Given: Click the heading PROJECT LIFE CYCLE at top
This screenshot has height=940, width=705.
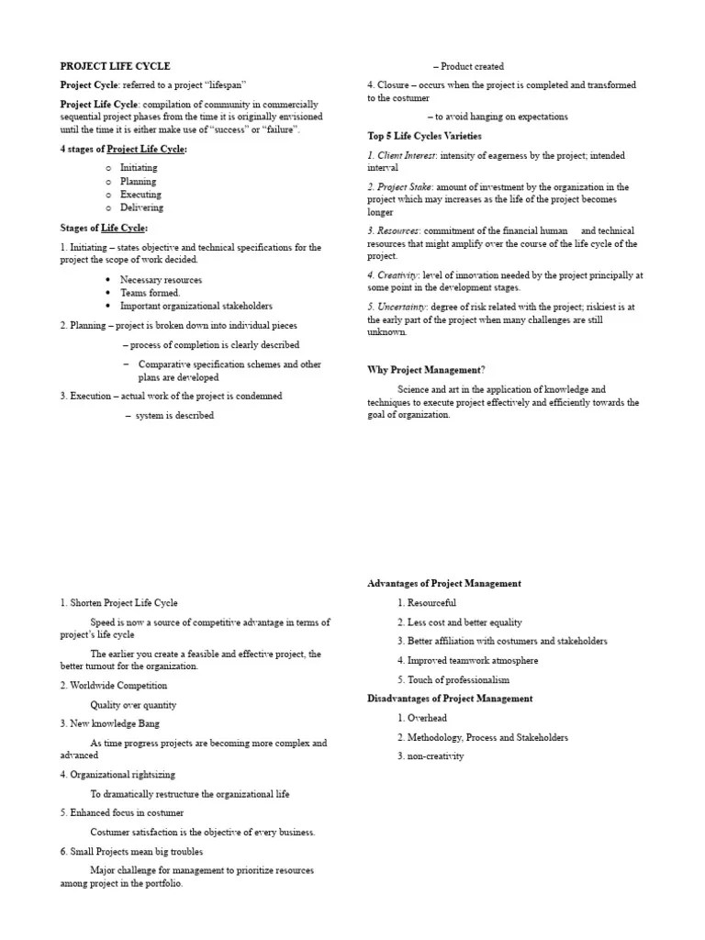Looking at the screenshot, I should coord(115,66).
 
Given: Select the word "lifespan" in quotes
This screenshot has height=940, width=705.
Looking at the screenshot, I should coord(219,85).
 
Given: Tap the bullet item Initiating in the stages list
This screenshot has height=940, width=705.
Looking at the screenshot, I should coord(139,168).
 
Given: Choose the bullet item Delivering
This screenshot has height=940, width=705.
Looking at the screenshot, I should coord(141,207).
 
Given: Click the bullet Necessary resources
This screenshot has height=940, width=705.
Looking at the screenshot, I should coord(161,280).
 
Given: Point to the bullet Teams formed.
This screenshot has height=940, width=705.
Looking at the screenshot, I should coord(150,293).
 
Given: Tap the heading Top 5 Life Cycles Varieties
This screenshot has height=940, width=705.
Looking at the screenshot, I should coord(424,136).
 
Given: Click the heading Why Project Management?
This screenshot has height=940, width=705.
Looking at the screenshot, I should coord(426,370).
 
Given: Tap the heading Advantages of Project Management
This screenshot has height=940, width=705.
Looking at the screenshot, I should coord(444,584).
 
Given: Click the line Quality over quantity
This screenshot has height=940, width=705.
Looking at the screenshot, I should coord(133,705).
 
